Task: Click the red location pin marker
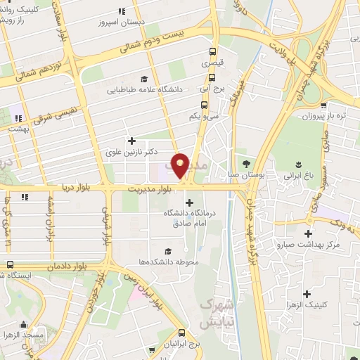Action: pos(180,166)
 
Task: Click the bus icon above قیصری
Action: pos(212,51)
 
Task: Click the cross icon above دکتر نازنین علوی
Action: pos(131,141)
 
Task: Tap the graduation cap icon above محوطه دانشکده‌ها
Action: pos(167,251)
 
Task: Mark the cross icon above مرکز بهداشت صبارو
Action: pos(308,233)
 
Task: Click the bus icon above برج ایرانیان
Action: pos(182,332)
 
